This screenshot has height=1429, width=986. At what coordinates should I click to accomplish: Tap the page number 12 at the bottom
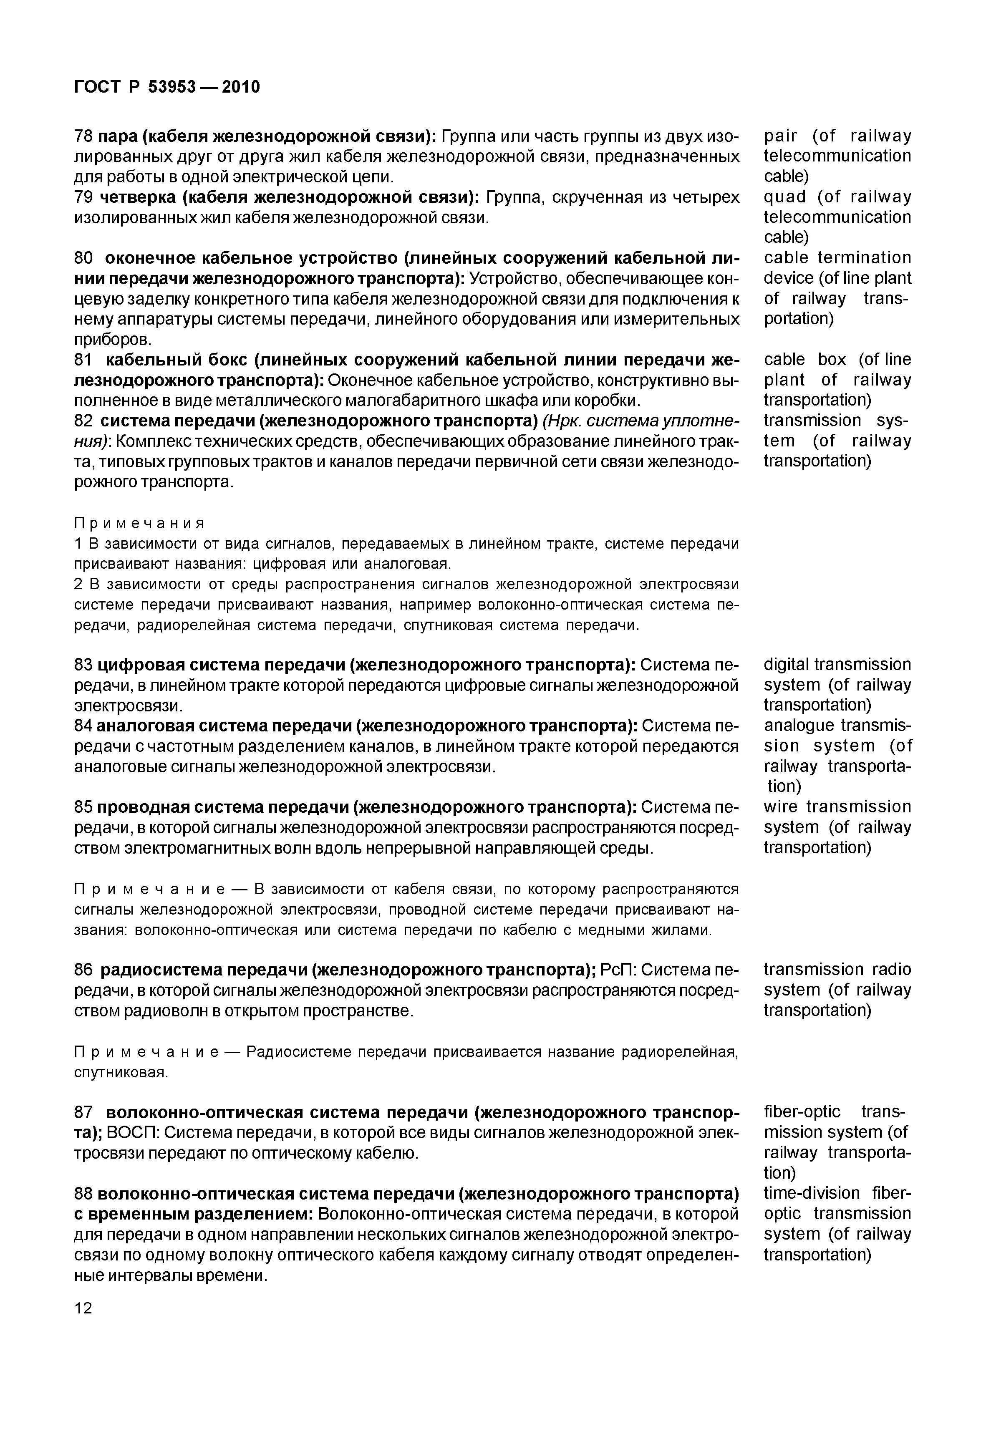tap(83, 1308)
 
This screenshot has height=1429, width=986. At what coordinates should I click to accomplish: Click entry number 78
tap(83, 136)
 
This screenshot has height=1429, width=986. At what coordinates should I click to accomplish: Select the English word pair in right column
tap(780, 136)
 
